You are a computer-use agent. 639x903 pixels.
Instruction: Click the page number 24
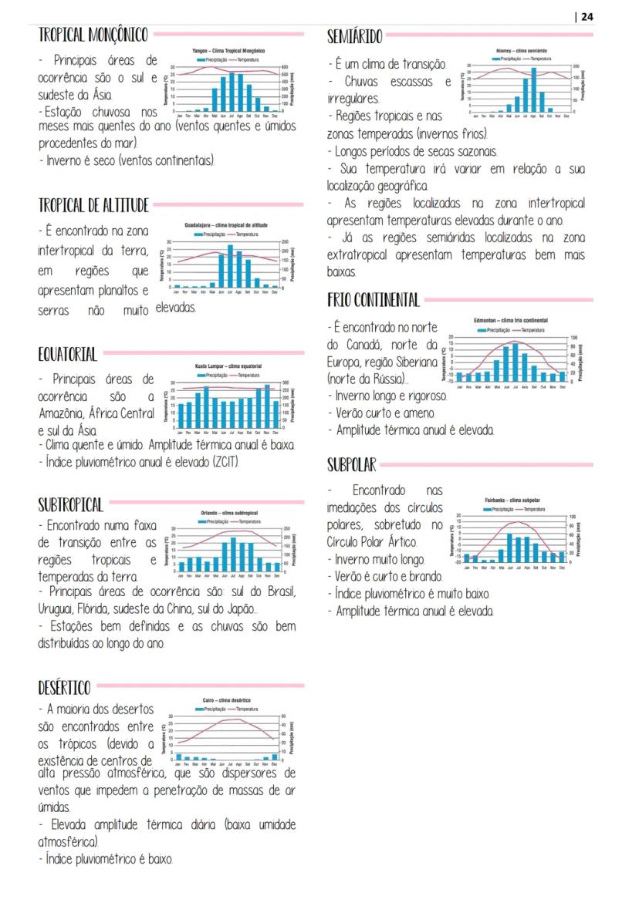587,17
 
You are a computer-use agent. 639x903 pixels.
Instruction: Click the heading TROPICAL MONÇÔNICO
93,35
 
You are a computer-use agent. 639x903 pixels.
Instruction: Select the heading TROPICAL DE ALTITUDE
93,205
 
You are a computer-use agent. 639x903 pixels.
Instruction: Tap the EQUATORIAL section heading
68,355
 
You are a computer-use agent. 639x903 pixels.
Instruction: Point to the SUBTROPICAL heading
70,505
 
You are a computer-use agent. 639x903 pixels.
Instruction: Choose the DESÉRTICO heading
64,687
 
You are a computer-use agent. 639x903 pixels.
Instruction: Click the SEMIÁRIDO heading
354,36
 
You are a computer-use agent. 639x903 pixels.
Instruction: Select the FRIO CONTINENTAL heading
374,300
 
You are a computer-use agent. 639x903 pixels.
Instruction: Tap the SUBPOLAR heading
351,464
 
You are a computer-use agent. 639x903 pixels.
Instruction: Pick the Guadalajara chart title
226,225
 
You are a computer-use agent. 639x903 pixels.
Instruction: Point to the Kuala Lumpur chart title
229,366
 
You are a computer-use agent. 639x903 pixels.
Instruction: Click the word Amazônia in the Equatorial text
60,414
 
